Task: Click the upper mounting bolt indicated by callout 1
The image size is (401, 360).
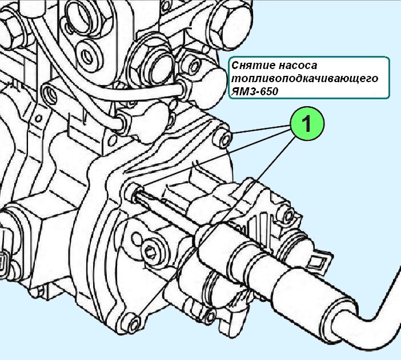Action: click(225, 137)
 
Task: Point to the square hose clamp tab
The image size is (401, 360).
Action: click(318, 262)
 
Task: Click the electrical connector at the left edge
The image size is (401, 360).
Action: click(5, 260)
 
